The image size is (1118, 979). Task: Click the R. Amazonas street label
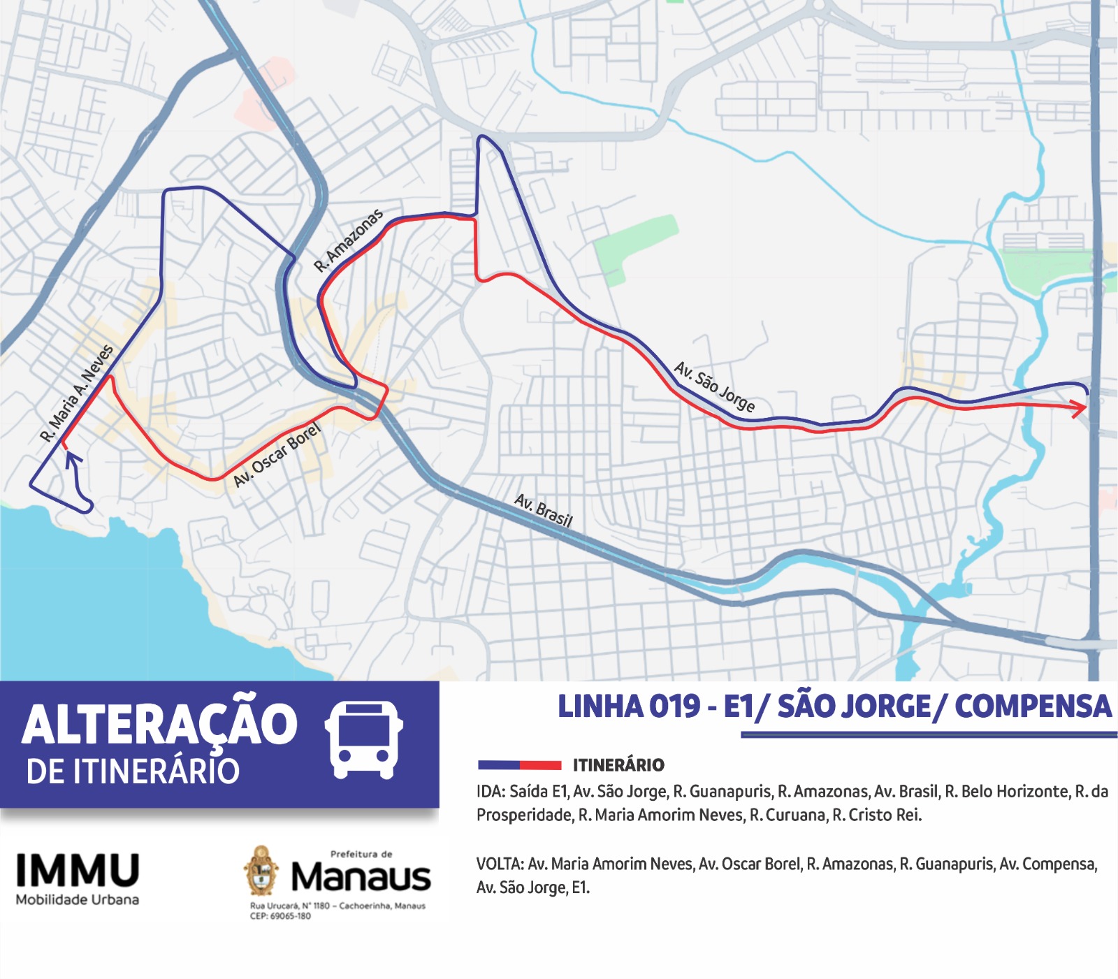point(348,240)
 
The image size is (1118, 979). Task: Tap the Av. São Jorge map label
point(713,387)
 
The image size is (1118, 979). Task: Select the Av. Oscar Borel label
point(277,455)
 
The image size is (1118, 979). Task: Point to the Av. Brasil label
point(543,510)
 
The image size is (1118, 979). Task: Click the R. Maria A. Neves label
point(77,393)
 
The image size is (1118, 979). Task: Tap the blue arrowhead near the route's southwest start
point(73,458)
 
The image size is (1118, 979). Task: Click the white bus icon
point(364,741)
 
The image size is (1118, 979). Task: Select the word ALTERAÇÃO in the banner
point(160,725)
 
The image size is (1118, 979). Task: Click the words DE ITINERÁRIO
point(133,771)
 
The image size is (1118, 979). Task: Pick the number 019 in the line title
point(674,706)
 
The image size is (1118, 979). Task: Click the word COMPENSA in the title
point(1032,706)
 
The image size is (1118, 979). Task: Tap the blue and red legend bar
point(519,765)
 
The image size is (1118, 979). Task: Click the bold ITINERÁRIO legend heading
point(618,765)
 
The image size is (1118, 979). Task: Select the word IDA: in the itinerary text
point(491,792)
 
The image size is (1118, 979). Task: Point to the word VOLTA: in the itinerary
point(500,864)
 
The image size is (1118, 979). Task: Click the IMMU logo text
point(78,871)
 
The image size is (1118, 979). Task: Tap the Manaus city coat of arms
point(261,871)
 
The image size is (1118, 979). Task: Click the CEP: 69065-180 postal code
point(280,916)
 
